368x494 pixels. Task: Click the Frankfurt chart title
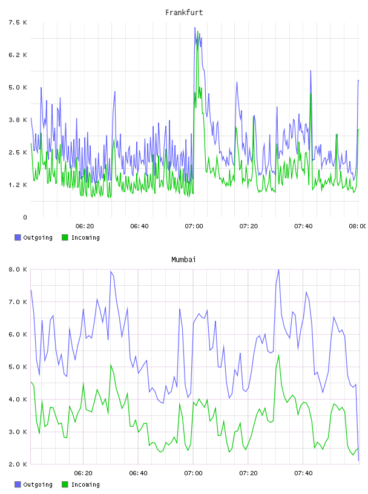point(184,13)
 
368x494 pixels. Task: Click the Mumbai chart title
point(183,260)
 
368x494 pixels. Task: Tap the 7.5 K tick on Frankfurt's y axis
point(18,22)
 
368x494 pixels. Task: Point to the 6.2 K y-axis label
point(18,55)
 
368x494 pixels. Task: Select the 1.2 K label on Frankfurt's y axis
point(18,185)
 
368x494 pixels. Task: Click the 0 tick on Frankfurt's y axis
point(25,217)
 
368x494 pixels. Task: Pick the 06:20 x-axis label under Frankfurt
point(85,226)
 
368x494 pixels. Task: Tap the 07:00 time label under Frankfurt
point(194,226)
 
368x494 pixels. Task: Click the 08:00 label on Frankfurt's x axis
point(358,226)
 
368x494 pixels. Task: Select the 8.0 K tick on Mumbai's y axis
point(18,269)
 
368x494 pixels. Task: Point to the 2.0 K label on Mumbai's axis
point(18,464)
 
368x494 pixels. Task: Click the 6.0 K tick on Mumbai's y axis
point(18,334)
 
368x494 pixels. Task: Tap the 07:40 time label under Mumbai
point(303,473)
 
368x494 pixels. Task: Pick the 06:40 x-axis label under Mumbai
point(139,473)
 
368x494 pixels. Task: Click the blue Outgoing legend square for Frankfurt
point(18,237)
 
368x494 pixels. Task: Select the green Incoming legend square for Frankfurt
point(65,237)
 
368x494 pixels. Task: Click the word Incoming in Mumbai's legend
point(85,485)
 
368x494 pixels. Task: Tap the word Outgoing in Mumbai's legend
point(38,484)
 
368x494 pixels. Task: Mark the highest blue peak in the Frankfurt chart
point(195,28)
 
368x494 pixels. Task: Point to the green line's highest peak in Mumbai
point(278,355)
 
